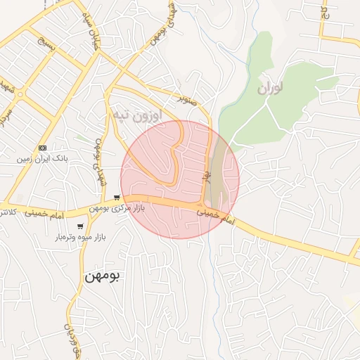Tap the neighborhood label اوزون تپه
(x=137, y=113)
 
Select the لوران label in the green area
(x=270, y=88)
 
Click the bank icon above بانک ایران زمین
(x=43, y=148)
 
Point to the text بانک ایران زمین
(x=43, y=159)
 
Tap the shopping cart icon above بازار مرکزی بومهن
(x=117, y=198)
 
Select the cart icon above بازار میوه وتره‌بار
(x=81, y=226)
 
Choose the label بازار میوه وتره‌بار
(x=81, y=238)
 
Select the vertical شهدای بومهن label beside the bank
(x=99, y=162)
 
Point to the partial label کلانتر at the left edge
(x=6, y=212)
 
